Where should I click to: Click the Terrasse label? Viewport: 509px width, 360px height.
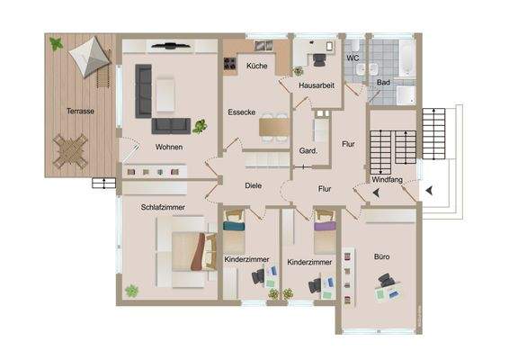pos(81,112)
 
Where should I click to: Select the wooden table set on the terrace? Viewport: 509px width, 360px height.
pos(70,150)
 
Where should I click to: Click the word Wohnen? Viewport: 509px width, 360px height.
pos(168,147)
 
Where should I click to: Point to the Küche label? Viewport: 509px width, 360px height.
pos(256,66)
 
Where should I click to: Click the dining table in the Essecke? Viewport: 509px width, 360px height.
pos(273,128)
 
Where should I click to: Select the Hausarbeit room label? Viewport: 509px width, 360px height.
pos(317,85)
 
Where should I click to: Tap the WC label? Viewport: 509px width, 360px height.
pos(353,58)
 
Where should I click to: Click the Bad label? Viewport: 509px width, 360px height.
pos(383,82)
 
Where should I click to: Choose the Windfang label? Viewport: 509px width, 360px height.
pos(387,181)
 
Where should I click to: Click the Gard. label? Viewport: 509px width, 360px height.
pos(308,151)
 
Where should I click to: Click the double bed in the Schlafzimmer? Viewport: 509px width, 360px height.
pos(187,249)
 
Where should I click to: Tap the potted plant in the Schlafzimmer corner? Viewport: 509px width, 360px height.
pos(132,291)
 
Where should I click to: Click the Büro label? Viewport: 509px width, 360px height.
pos(382,256)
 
